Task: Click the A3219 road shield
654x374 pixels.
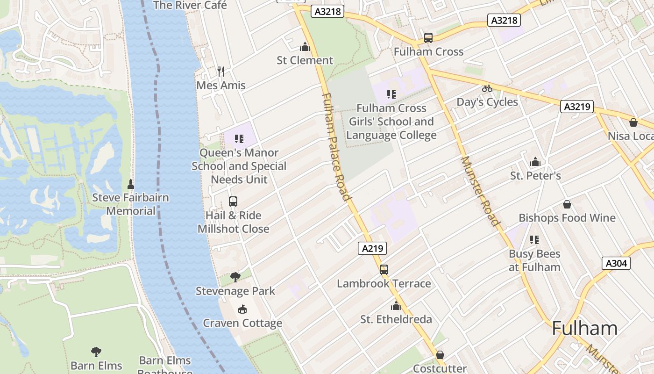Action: (577, 107)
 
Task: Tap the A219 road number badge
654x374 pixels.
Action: (372, 248)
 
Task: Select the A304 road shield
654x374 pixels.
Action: (616, 263)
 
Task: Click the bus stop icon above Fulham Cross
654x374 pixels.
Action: (428, 38)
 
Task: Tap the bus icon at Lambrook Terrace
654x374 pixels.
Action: (384, 270)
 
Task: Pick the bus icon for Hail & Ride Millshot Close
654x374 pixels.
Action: (233, 201)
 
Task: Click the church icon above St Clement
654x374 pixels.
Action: (305, 46)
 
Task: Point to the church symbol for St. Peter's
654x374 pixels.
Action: (535, 162)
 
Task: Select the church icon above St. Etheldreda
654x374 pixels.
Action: (396, 306)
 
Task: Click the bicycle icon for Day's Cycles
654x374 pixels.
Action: (487, 88)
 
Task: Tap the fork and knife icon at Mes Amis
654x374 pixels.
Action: (221, 72)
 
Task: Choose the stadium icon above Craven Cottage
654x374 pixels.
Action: (242, 309)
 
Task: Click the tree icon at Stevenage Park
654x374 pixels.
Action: (235, 277)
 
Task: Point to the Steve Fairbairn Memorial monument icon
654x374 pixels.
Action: (130, 183)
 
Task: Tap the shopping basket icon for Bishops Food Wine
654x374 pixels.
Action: (567, 204)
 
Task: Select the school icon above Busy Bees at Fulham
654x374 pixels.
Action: (534, 240)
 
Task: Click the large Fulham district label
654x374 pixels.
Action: (584, 328)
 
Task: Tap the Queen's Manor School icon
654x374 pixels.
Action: (239, 139)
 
